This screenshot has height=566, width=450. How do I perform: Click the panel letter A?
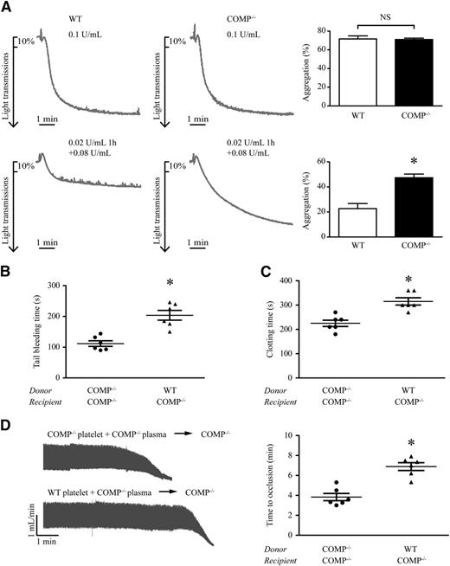click(7, 8)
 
